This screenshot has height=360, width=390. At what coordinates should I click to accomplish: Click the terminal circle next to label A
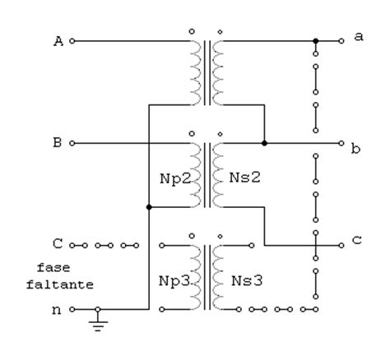coord(72,41)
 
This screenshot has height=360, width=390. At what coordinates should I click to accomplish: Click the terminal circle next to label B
coord(72,143)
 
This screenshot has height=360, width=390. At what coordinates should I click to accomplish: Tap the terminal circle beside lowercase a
coord(341,41)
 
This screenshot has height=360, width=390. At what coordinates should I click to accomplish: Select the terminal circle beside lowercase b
coord(341,143)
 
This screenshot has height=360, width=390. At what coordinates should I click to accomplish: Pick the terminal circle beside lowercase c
coord(341,245)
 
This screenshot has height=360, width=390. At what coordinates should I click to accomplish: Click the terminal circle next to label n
coord(72,309)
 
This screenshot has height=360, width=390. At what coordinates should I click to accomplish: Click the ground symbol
coord(98,323)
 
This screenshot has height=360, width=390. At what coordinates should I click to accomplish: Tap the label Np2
coord(175,178)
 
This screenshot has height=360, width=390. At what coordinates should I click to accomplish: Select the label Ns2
coord(244,178)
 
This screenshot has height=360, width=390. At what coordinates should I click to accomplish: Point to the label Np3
coord(174,281)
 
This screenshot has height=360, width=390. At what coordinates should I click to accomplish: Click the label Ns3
coord(247,280)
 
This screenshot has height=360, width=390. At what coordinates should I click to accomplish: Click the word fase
coord(53,267)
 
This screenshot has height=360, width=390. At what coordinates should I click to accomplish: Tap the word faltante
coord(60,284)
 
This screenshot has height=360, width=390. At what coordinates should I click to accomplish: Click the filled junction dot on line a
coord(316,41)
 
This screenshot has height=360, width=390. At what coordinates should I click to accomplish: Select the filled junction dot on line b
coord(264,143)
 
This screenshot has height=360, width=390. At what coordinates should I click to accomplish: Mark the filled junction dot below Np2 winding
coord(149,207)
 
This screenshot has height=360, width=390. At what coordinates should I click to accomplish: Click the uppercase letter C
coord(58,243)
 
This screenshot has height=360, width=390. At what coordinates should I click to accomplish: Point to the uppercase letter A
coord(58,41)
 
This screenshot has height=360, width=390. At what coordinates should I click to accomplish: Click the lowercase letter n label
coord(57,311)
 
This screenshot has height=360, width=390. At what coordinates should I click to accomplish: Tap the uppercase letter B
coord(57,143)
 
